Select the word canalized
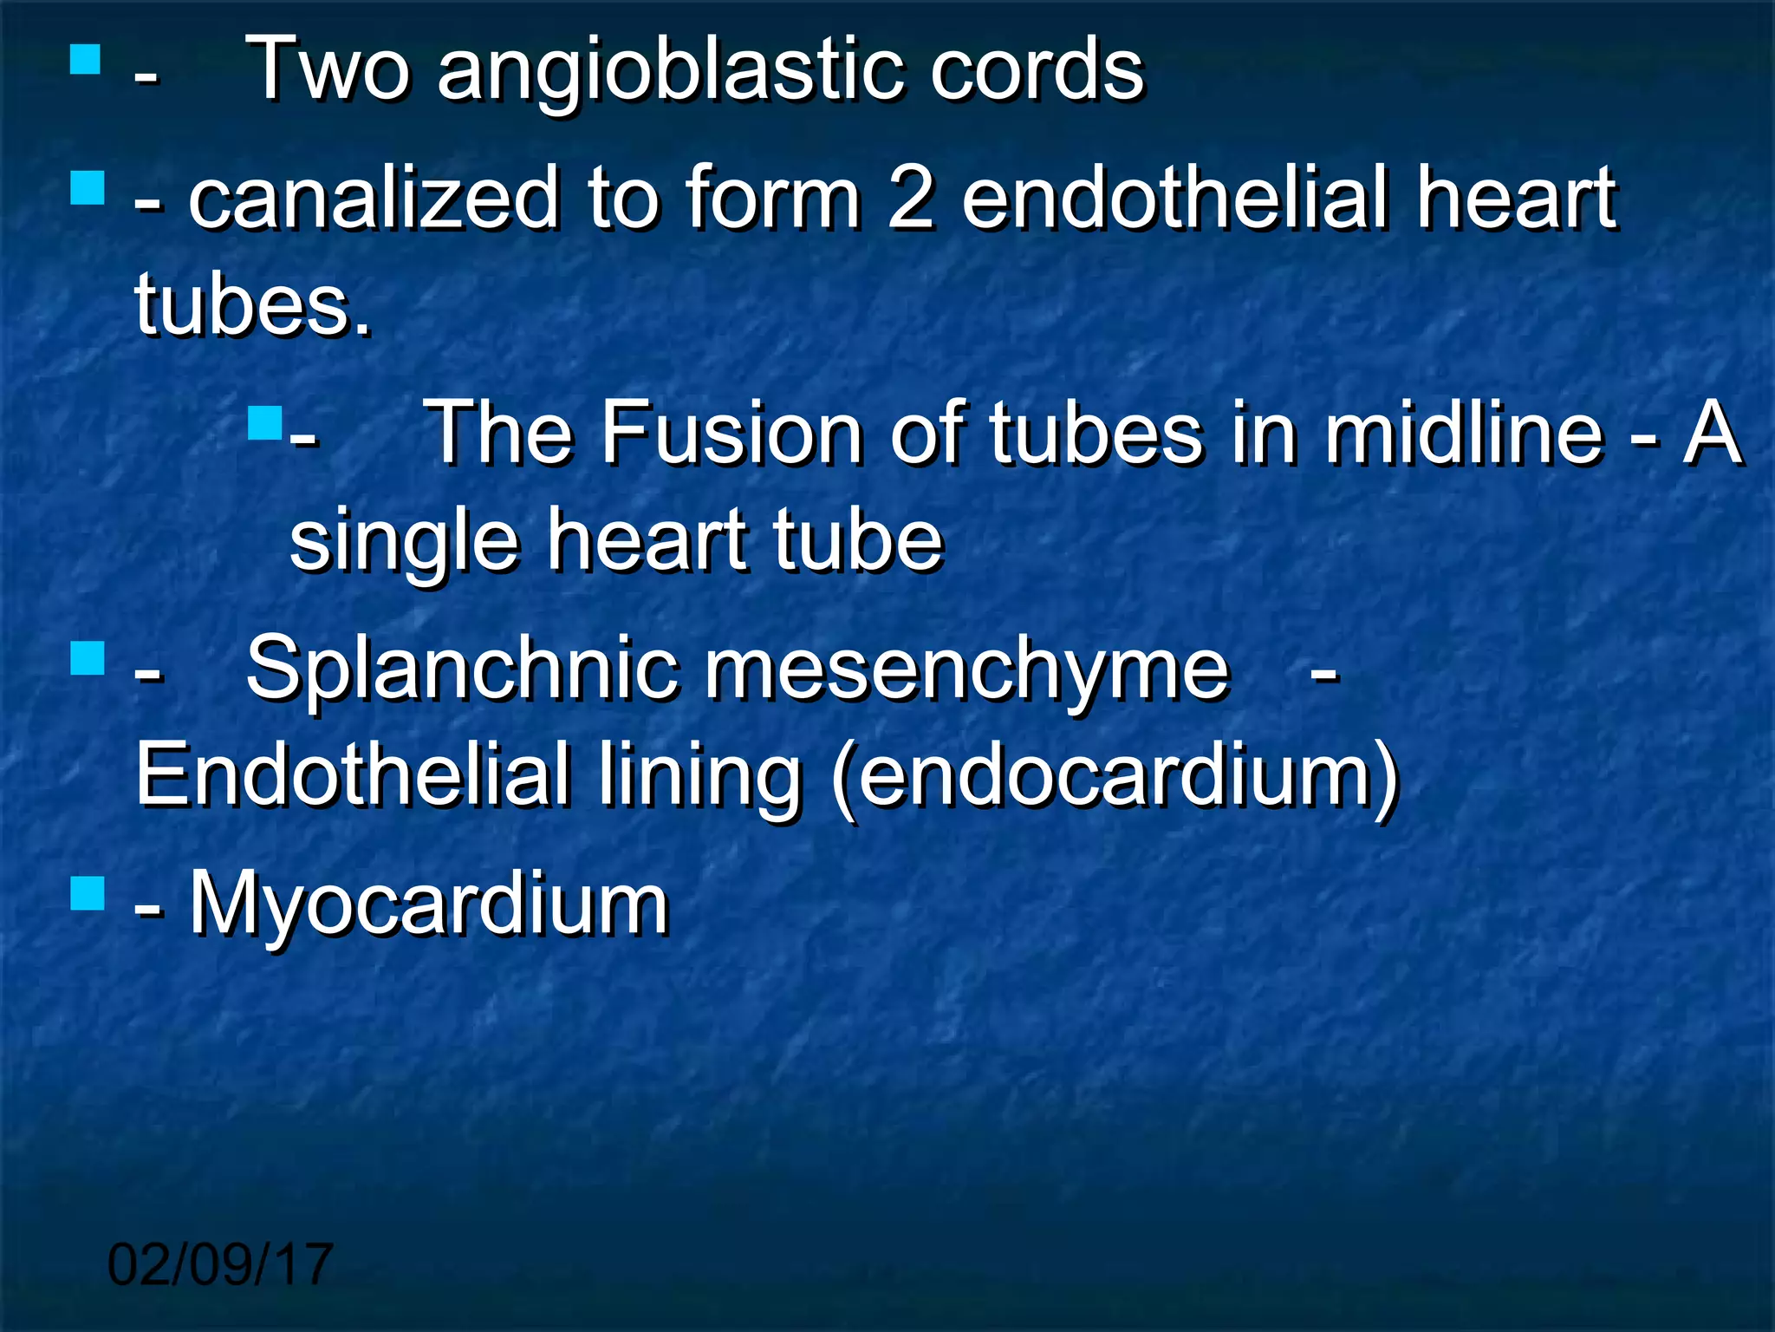click(374, 199)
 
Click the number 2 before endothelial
click(911, 199)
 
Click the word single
click(404, 539)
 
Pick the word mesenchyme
click(966, 668)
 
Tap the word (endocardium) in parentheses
click(1115, 774)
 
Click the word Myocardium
click(429, 904)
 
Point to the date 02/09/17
click(220, 1264)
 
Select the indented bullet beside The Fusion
click(264, 422)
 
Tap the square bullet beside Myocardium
click(87, 892)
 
